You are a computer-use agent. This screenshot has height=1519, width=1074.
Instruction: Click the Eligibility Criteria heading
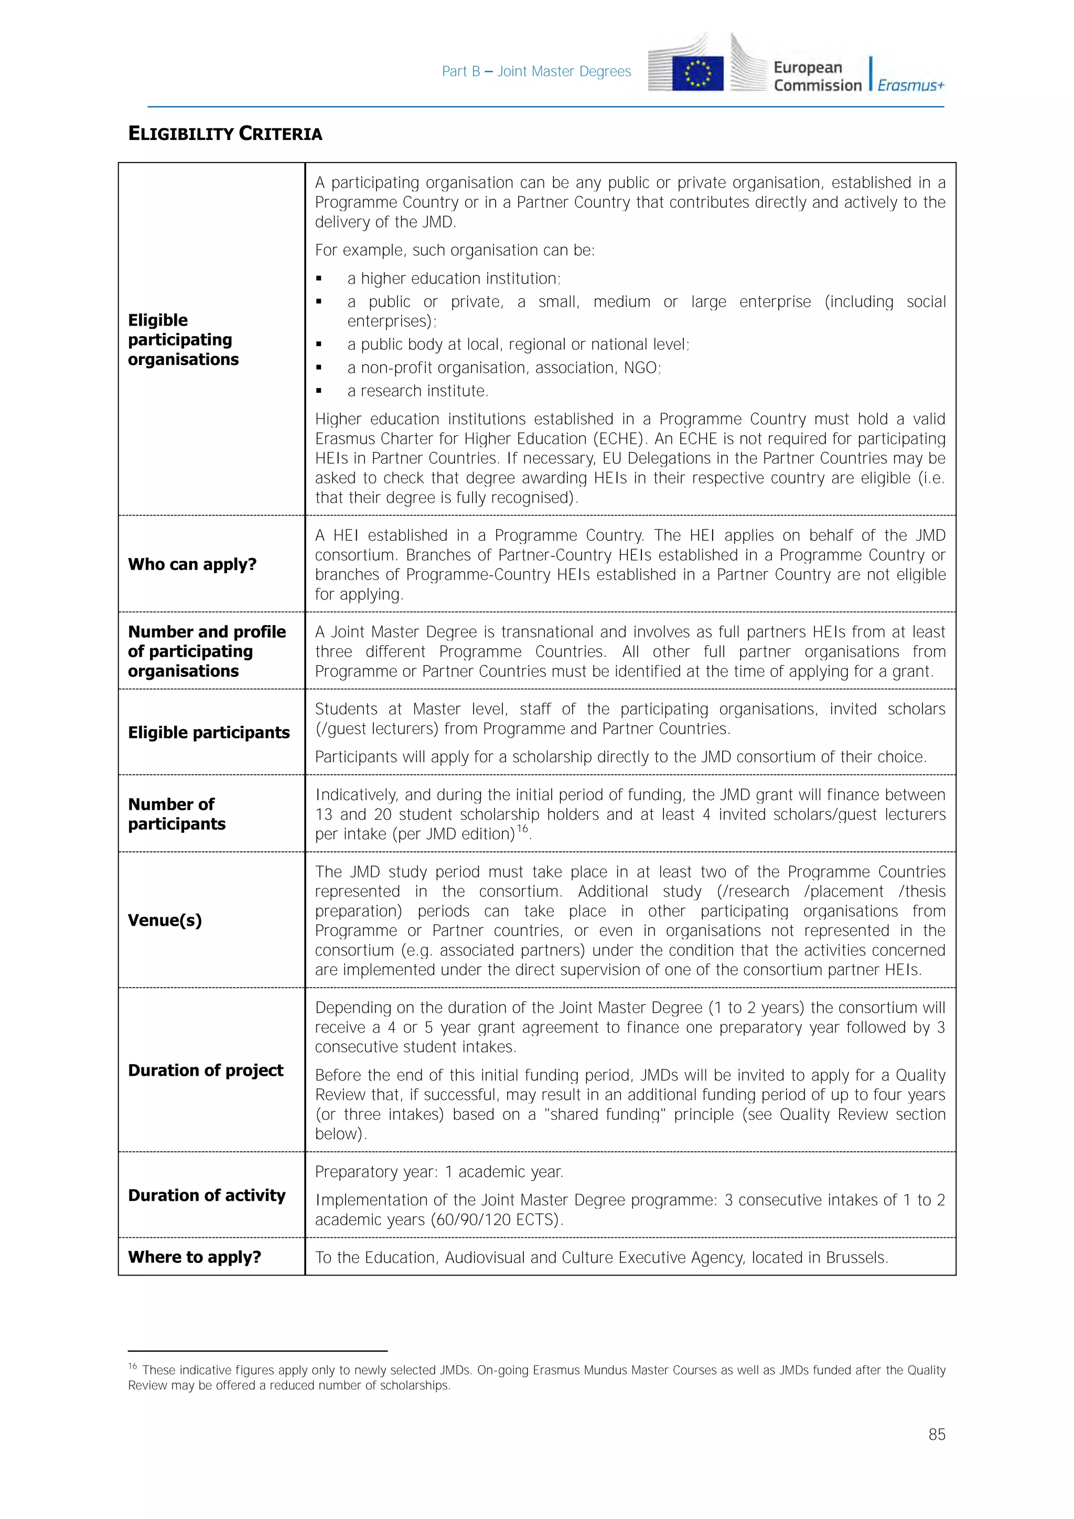(x=225, y=134)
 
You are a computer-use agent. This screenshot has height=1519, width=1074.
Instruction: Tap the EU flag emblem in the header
(x=697, y=73)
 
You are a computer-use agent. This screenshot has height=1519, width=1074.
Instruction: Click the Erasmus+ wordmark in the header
(x=911, y=85)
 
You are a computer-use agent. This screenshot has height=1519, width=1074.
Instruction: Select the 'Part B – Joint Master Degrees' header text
(x=536, y=71)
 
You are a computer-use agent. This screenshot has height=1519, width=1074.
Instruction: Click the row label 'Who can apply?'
(x=192, y=564)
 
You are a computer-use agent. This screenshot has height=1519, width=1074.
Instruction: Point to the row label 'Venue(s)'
(x=165, y=921)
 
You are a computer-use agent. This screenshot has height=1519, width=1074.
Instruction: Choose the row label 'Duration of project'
(x=206, y=1071)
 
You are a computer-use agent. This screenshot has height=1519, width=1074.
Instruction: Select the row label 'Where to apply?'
(x=195, y=1257)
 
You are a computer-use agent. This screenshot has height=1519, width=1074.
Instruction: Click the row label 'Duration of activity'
(x=206, y=1195)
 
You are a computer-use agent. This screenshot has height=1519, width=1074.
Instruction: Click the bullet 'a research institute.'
(x=417, y=391)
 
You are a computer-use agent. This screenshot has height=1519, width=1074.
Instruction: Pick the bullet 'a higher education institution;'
(x=454, y=279)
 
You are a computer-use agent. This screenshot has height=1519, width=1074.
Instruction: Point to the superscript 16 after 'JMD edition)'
(x=522, y=828)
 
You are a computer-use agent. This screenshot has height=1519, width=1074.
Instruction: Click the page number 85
(x=937, y=1435)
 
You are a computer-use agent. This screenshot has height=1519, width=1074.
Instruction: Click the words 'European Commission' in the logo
(x=818, y=77)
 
